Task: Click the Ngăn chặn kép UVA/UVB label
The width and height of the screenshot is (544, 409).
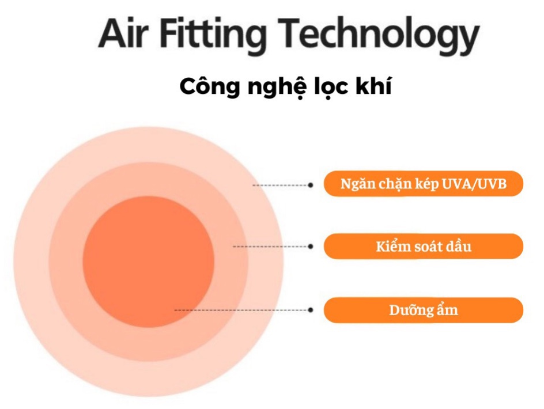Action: click(424, 184)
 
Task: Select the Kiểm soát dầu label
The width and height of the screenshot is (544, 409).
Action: click(424, 247)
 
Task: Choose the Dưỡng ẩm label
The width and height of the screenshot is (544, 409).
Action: click(424, 310)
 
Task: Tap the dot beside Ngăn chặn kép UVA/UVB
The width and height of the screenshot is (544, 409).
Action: click(311, 185)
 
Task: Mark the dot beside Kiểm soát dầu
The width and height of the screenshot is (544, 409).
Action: click(311, 247)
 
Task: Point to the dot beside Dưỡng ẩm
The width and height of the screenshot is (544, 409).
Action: click(311, 310)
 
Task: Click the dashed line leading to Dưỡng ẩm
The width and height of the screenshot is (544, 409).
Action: click(242, 310)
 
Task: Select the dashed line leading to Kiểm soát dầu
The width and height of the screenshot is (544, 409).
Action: click(271, 247)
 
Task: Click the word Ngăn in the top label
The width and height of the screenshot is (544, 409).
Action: click(354, 184)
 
